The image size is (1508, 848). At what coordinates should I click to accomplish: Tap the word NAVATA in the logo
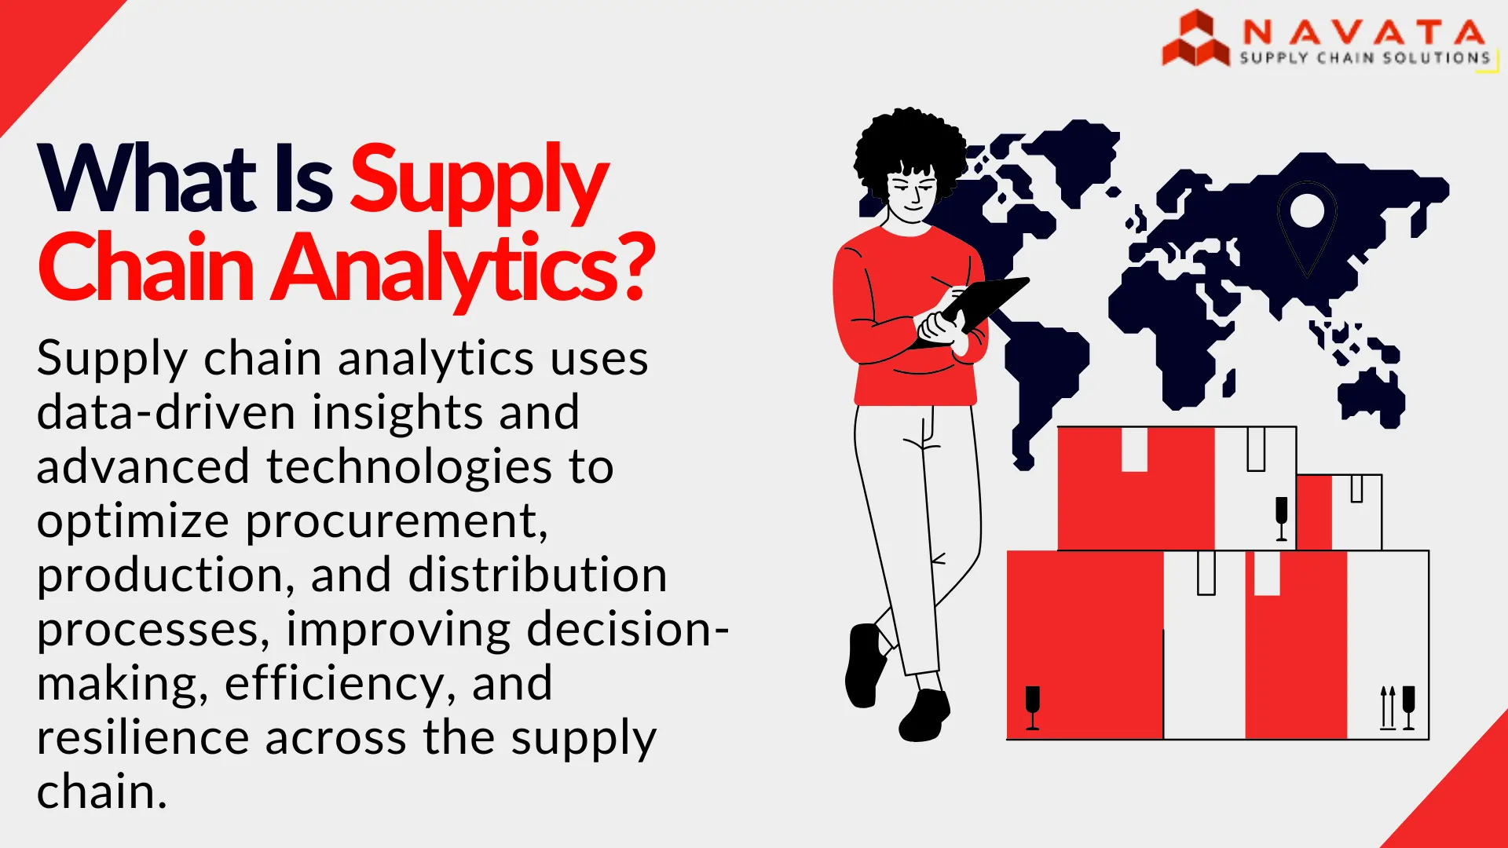coord(1363,32)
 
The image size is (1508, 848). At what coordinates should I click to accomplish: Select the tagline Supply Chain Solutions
coord(1364,58)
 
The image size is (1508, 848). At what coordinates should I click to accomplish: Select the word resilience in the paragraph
coord(142,738)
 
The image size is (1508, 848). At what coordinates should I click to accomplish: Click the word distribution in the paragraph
coord(537,576)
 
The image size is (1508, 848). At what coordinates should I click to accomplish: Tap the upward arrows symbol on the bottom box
coord(1388,707)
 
